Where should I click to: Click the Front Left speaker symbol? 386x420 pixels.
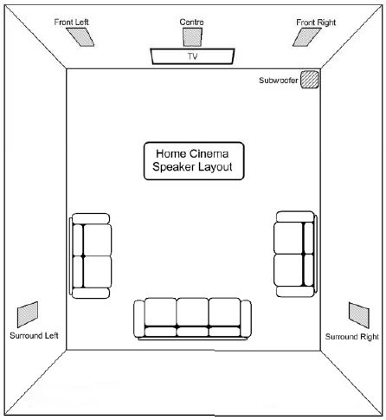(x=80, y=37)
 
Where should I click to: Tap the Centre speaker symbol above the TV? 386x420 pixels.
(x=192, y=37)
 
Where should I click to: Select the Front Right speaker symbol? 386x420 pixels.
(x=307, y=37)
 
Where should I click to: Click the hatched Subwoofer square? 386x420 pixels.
(x=310, y=80)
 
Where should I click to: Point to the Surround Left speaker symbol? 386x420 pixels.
(x=28, y=314)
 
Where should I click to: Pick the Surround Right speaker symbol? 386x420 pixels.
(x=359, y=315)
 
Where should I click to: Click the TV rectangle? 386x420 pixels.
(x=192, y=56)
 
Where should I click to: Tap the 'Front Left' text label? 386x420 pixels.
(x=71, y=23)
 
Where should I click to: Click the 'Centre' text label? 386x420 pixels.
(x=191, y=22)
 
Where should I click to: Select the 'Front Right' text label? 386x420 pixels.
(x=316, y=23)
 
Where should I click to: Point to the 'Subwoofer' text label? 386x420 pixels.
(x=278, y=80)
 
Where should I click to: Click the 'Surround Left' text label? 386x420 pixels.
(x=34, y=335)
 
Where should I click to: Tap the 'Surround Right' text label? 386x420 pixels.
(x=352, y=337)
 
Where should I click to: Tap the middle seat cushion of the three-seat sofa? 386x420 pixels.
(x=192, y=312)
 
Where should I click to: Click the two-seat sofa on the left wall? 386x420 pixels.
(x=91, y=255)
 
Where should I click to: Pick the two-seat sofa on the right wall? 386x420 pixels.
(x=295, y=254)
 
